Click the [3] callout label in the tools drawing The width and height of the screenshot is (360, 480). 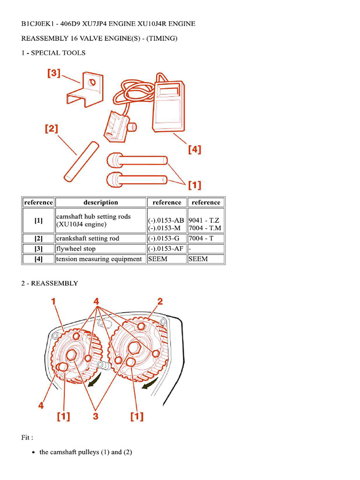pos(54,74)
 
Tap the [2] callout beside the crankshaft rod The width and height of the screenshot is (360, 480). pos(52,128)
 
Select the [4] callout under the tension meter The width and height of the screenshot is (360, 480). pos(194,150)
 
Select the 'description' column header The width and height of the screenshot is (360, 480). pos(100,202)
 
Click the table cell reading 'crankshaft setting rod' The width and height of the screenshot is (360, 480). pos(88,238)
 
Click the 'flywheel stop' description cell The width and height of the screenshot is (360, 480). pos(76,248)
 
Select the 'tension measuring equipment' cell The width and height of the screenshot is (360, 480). pos(99,259)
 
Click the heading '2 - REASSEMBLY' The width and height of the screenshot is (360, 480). pos(50,283)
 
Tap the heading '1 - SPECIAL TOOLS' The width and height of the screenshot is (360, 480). pos(53,53)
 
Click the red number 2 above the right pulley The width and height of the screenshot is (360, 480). pos(160,301)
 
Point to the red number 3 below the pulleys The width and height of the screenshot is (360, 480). pos(96,416)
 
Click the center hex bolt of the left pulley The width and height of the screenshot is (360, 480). pos(73,355)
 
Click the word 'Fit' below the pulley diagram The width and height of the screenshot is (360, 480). pos(26,437)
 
